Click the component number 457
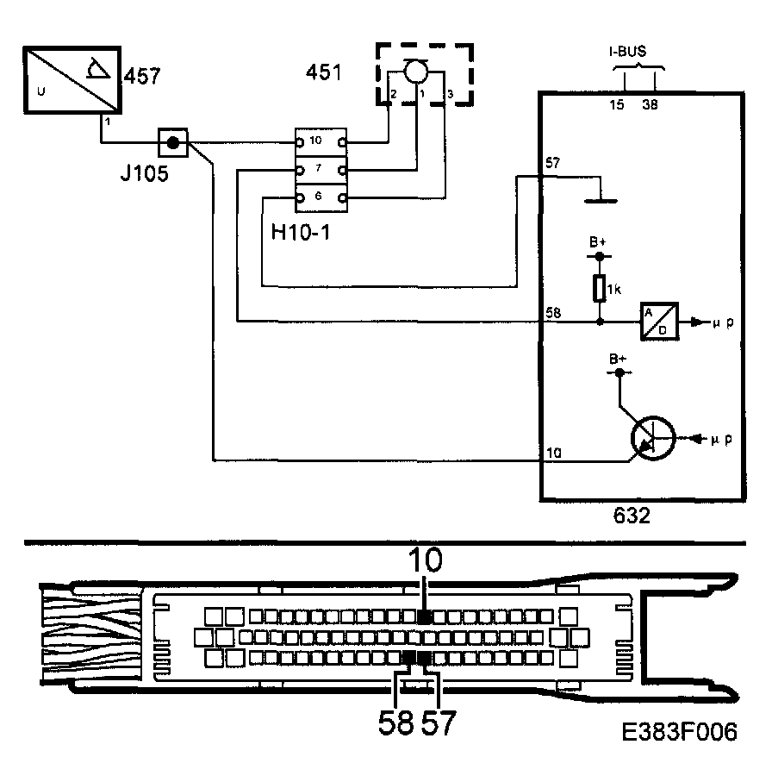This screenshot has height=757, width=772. pos(142,77)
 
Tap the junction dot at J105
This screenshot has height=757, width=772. pos(173,143)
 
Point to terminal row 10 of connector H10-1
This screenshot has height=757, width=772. pos(320,141)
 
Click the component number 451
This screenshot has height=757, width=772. pos(324,72)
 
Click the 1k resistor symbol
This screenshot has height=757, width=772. pos(600,288)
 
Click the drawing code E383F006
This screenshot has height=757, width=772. pos(681,732)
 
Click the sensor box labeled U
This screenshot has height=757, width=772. pos(71,79)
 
